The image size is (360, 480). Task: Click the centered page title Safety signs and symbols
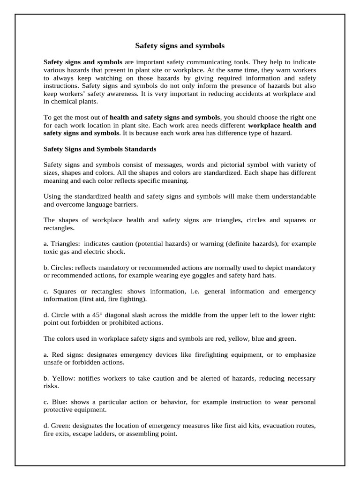(180, 46)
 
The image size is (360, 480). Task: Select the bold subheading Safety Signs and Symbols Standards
(100, 149)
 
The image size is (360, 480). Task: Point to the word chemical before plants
(63, 102)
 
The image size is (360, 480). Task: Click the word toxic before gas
(51, 252)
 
